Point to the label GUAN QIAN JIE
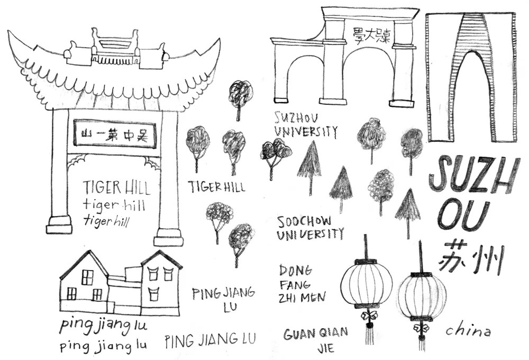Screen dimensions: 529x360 point(316,340)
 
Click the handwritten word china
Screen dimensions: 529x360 point(468,331)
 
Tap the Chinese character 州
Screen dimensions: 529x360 point(489,258)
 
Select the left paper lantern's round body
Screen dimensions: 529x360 point(366,285)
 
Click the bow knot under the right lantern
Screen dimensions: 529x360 point(421,329)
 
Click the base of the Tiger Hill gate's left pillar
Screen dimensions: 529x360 point(59,224)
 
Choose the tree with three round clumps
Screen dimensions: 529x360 point(275,154)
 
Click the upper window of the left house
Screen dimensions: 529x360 point(87,277)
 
